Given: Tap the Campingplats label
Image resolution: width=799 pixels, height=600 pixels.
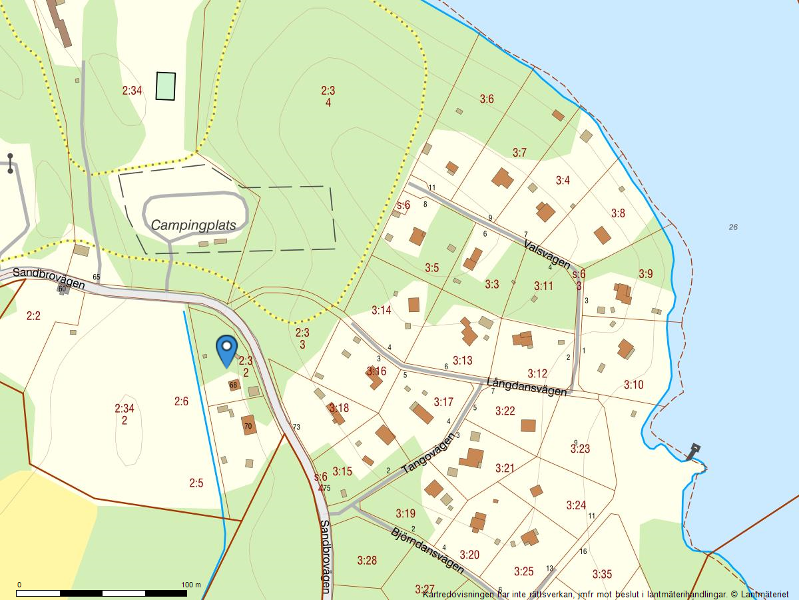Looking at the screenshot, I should [193, 225].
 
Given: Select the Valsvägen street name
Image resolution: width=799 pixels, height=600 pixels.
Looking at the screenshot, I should [547, 253].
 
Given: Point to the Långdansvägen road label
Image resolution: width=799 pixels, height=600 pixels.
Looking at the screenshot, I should [527, 387].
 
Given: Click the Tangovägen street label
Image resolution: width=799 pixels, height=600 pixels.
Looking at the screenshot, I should [428, 453].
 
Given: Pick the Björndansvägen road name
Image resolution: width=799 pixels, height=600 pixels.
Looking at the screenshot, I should [427, 550].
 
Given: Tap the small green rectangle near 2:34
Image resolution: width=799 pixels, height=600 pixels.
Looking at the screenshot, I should [166, 86].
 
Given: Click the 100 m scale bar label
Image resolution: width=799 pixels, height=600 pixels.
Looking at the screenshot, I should [191, 585].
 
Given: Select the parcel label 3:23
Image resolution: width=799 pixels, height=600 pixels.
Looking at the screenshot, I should [580, 449].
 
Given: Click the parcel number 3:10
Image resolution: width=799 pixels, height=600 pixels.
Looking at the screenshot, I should [633, 385].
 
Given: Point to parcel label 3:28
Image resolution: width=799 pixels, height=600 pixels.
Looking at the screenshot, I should [367, 560].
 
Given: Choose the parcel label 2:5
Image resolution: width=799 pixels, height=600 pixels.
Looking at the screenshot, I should [196, 483].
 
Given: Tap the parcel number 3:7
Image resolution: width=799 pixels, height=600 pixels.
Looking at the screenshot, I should [519, 153].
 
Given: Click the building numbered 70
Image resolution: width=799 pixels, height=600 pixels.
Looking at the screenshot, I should [249, 425].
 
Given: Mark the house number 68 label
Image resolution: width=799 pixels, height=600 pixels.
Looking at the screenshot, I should [233, 385].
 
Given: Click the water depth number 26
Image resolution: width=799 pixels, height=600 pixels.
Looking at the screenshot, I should [733, 227].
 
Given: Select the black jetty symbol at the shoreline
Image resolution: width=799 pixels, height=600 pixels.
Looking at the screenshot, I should [694, 451].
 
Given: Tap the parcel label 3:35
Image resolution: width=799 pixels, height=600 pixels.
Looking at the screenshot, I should [602, 574].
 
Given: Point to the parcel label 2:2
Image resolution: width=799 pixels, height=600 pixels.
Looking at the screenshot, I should [33, 316].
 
